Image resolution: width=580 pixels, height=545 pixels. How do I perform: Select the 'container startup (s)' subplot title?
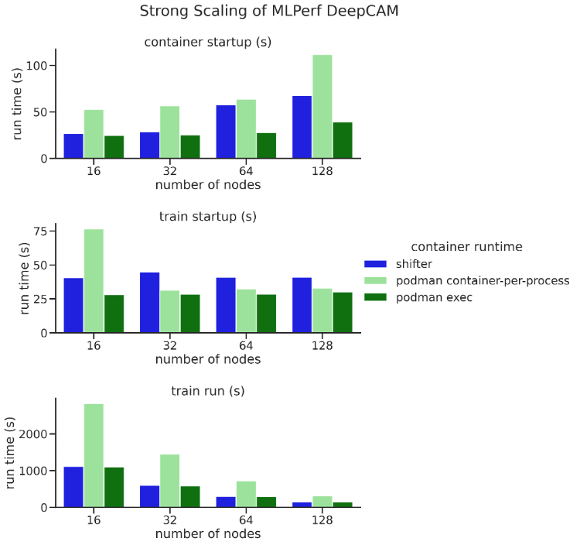click(207, 42)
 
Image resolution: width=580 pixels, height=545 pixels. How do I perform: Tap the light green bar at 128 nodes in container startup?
click(322, 107)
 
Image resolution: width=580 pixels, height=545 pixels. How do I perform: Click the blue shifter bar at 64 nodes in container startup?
click(227, 132)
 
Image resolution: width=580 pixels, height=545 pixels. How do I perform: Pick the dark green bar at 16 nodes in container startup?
click(114, 147)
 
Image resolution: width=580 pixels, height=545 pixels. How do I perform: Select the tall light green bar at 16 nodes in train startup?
click(94, 281)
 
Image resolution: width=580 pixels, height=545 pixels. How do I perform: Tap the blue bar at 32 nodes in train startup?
click(150, 303)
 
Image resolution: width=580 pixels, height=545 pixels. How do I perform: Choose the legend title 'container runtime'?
click(466, 247)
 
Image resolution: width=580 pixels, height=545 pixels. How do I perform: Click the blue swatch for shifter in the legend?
click(377, 264)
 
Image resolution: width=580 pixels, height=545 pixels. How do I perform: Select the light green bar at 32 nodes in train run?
click(169, 481)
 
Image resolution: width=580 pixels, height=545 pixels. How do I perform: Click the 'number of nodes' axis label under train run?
click(207, 533)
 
